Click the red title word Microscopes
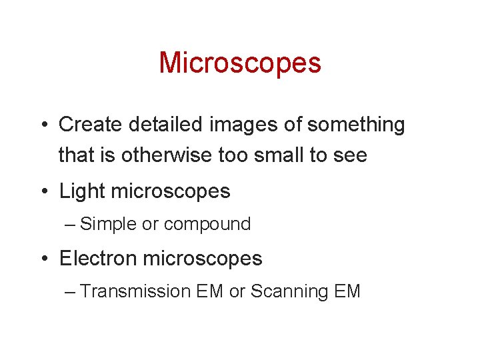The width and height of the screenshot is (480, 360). (x=240, y=63)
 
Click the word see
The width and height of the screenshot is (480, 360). (x=352, y=156)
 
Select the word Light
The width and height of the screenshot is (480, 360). (x=83, y=191)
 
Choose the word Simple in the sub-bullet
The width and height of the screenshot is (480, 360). (x=108, y=225)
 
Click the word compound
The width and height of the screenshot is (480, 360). (x=207, y=225)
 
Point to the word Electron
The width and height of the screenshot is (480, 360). (x=99, y=259)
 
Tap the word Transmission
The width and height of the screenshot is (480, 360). (x=135, y=292)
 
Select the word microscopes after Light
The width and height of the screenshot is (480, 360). (x=171, y=192)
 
